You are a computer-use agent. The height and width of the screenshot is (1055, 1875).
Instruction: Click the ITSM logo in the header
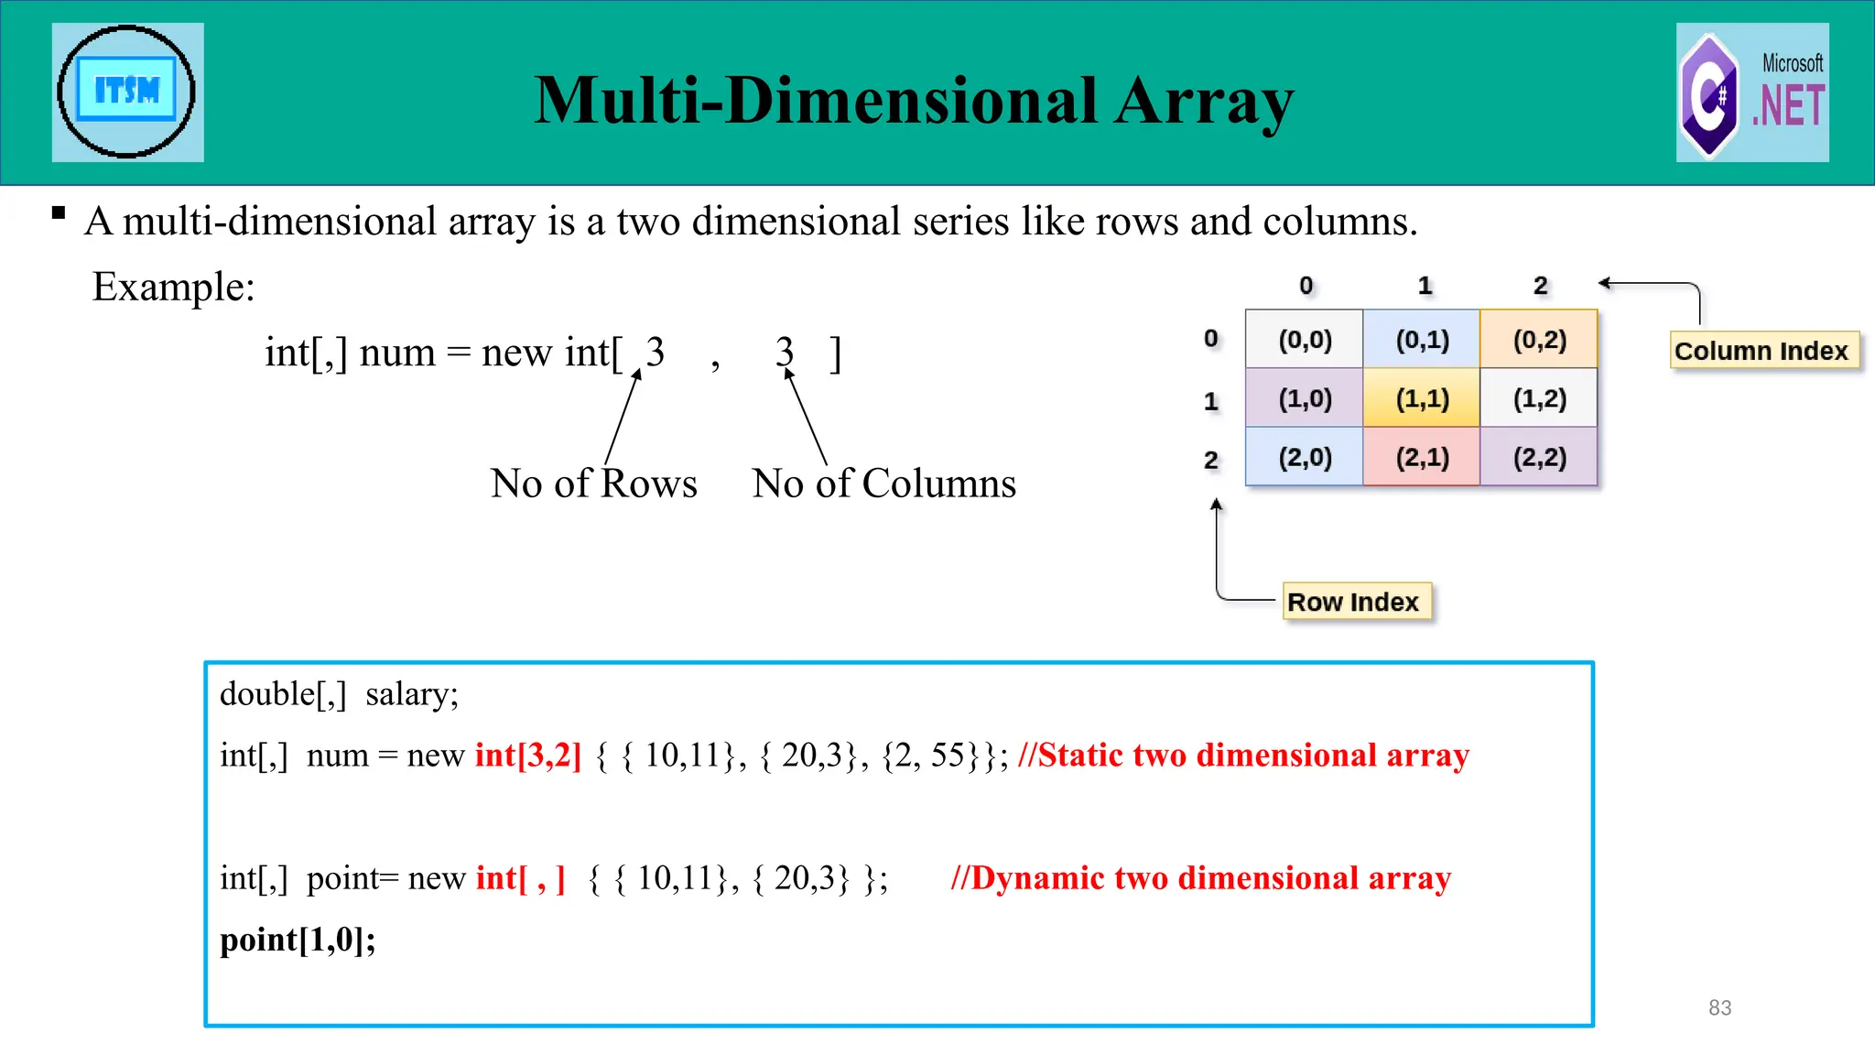pos(127,92)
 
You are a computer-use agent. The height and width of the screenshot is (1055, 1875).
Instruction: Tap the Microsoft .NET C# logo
pos(1752,92)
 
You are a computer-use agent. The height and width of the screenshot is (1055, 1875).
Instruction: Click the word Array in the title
pos(1204,101)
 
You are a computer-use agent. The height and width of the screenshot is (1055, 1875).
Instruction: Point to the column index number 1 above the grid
pos(1425,286)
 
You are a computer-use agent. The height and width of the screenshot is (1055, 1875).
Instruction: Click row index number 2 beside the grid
pos(1211,460)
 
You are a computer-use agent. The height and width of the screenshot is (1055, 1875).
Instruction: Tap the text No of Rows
pos(593,484)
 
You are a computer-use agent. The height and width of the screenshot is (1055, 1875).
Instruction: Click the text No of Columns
pos(883,484)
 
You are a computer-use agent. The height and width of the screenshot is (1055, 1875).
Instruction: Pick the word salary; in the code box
pos(412,694)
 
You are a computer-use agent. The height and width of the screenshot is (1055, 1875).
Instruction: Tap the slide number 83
pos(1719,1007)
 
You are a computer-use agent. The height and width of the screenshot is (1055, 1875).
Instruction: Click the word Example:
pos(173,287)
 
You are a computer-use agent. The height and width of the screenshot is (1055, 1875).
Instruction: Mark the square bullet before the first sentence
pos(59,213)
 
